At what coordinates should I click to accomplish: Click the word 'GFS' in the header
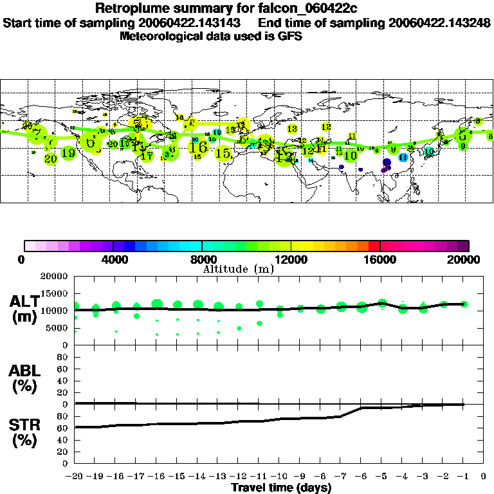click(290, 36)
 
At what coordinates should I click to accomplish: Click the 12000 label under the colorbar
click(291, 259)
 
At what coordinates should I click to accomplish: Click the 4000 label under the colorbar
click(113, 259)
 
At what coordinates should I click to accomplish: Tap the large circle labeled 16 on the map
click(198, 147)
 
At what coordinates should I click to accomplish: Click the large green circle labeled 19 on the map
click(69, 153)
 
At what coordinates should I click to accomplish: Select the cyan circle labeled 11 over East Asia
click(403, 157)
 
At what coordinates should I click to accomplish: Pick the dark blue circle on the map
click(387, 163)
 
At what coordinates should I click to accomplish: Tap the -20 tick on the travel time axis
click(75, 476)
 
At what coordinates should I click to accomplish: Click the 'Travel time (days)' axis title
click(281, 488)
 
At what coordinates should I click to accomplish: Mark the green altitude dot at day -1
click(464, 304)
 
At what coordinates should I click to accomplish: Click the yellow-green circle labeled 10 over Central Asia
click(351, 156)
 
